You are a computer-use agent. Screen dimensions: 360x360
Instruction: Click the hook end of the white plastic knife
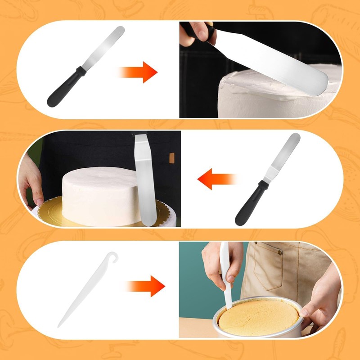[x=108, y=257]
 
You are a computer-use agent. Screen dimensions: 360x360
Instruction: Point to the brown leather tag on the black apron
[x=171, y=158]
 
